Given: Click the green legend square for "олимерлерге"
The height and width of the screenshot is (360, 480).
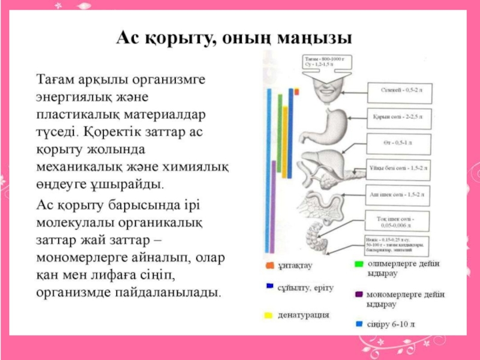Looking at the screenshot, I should [x=358, y=264].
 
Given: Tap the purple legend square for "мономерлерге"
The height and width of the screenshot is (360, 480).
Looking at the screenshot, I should [x=358, y=295].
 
